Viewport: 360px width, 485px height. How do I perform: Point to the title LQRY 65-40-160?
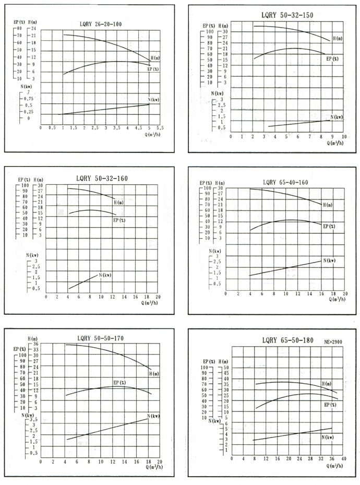click(285, 182)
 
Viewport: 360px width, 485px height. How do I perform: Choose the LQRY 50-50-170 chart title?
click(100, 338)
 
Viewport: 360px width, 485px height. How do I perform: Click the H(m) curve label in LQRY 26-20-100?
click(155, 57)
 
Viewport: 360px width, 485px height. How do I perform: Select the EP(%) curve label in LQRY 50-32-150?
click(332, 59)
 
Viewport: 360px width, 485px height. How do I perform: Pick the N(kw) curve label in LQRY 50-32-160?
click(104, 275)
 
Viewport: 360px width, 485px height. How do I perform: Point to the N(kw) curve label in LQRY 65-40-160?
click(329, 260)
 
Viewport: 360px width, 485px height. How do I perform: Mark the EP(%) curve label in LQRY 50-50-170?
click(119, 383)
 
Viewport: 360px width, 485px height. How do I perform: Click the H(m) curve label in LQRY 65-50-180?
click(327, 384)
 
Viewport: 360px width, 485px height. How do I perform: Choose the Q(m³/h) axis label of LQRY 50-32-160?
click(150, 302)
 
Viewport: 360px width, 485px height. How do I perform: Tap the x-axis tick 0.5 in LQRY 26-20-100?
click(52, 128)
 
